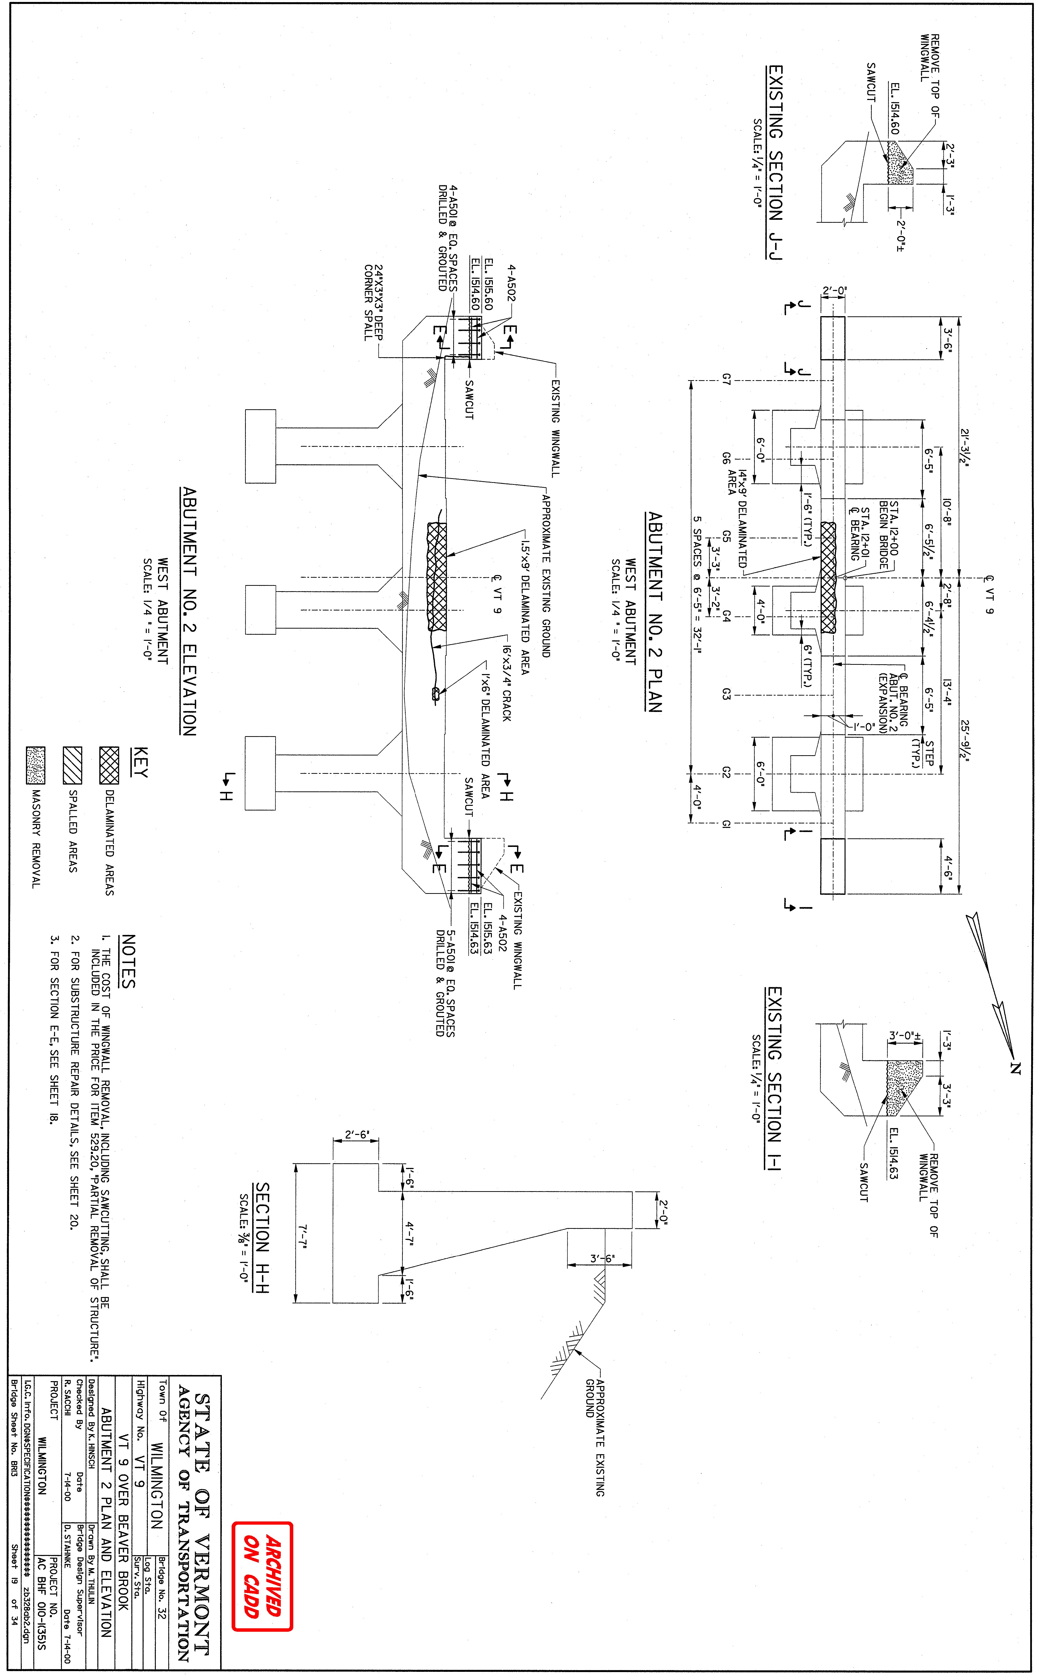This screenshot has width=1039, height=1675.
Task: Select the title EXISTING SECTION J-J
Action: [774, 163]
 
